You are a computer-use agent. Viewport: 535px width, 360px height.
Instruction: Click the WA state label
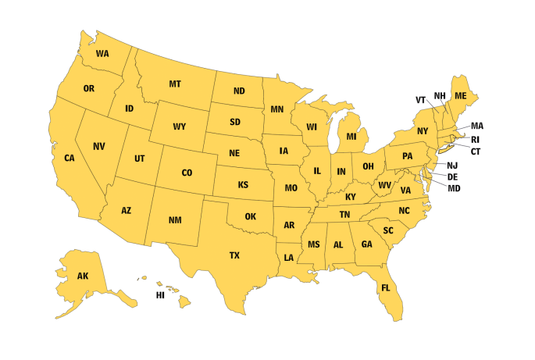102,54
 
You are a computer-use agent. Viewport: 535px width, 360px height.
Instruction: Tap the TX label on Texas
234,255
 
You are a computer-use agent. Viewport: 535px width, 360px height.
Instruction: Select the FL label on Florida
385,288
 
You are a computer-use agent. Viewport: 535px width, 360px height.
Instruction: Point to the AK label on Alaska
83,276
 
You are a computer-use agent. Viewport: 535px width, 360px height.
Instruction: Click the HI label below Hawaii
160,295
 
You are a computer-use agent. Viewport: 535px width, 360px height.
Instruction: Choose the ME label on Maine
461,95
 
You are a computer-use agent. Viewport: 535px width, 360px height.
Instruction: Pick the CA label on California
70,158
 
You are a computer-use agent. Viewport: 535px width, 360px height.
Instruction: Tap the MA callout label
477,126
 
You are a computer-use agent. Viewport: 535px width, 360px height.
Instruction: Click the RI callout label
475,139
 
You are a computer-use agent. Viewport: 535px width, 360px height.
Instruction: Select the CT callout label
475,151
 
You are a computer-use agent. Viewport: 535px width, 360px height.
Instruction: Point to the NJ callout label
452,166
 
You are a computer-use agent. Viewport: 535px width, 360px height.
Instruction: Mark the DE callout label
453,176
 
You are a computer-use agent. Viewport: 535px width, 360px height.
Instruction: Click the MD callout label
454,187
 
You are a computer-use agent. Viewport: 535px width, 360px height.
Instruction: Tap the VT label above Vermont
420,100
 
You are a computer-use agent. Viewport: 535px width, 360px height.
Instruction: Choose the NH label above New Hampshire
440,96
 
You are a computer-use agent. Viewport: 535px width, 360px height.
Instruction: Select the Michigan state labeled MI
351,137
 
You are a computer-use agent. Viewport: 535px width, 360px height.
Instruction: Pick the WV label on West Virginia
384,185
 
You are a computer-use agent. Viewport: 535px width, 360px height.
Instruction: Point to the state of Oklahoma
250,216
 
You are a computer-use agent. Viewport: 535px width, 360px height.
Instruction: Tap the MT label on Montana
175,84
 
